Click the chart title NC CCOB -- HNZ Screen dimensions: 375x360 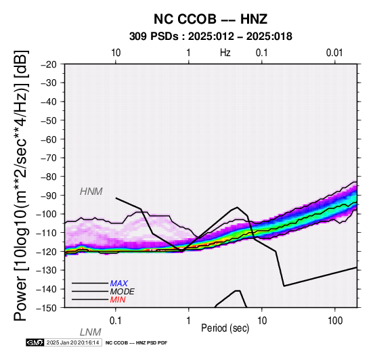click(211, 19)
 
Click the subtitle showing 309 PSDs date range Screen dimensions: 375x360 click(211, 37)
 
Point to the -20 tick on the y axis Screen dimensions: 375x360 click(49, 64)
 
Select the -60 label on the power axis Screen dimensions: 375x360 click(49, 139)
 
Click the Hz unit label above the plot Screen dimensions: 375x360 click(225, 53)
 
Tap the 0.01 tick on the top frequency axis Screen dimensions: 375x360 click(334, 53)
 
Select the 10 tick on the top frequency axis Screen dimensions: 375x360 click(116, 53)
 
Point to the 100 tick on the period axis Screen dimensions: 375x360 click(335, 321)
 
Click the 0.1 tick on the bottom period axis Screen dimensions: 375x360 click(116, 321)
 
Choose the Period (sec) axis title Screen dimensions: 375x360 click(225, 328)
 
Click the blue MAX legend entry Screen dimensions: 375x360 click(119, 284)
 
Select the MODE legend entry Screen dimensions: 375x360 click(123, 292)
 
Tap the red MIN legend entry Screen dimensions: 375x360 click(118, 300)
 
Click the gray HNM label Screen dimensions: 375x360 click(91, 192)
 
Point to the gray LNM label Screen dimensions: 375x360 click(91, 332)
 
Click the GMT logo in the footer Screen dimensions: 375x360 click(35, 342)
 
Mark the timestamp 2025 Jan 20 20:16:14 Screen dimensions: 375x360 click(72, 342)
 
